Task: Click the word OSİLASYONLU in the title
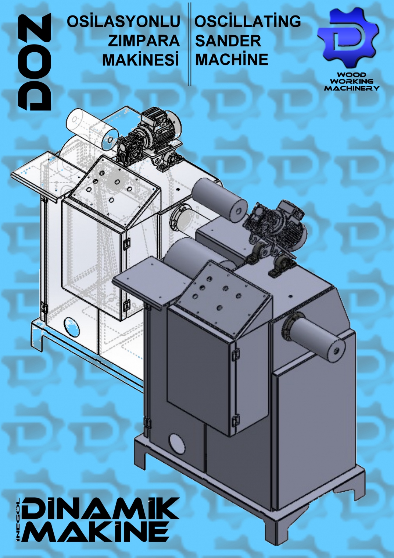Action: pos(123,21)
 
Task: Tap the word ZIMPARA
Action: pos(143,40)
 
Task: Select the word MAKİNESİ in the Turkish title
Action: pos(141,60)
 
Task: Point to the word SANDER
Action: pos(228,40)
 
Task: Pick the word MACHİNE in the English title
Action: pos(232,59)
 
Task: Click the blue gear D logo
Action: pos(348,38)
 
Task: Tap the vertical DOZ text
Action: pos(35,62)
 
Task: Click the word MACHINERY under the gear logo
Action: pos(352,88)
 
